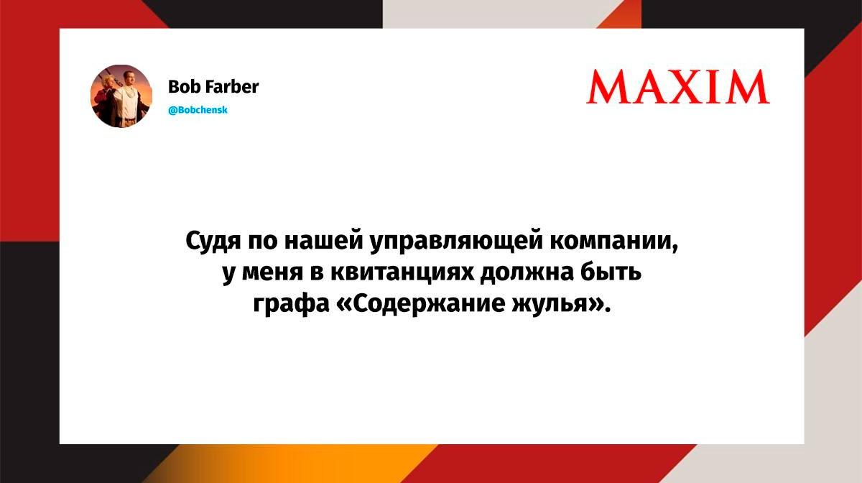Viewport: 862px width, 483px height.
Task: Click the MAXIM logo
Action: [x=678, y=87]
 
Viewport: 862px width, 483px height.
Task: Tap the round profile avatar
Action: [x=121, y=96]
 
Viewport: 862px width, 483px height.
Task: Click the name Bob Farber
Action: [x=213, y=87]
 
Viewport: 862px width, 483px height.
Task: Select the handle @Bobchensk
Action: [x=198, y=110]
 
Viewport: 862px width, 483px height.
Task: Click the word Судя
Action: [x=213, y=241]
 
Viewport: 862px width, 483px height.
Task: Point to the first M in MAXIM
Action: [x=607, y=87]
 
